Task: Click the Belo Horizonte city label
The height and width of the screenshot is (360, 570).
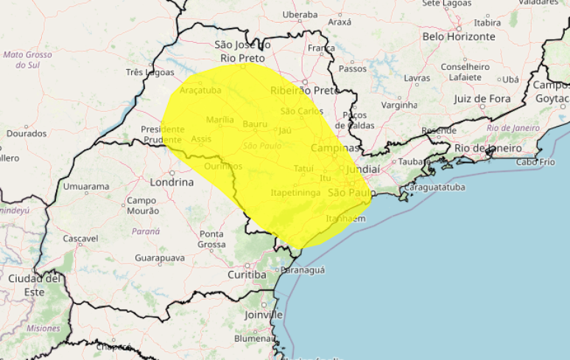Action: pos(458,36)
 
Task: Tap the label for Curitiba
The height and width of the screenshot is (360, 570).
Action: pos(247,275)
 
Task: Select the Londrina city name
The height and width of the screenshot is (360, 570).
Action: pos(171,182)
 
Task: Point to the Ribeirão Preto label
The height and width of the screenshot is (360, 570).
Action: pos(303,91)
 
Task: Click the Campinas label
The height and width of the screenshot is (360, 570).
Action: pos(334,148)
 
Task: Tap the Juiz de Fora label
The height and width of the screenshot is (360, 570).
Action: pos(482,98)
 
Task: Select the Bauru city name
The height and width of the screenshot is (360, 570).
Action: pos(255,124)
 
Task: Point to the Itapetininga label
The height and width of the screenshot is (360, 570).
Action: pos(295,192)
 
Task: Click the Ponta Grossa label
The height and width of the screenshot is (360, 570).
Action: pos(212,239)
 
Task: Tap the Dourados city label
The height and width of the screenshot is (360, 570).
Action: pos(27,134)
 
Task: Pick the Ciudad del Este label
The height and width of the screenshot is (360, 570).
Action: pos(34,284)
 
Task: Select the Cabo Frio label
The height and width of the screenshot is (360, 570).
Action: pos(536,162)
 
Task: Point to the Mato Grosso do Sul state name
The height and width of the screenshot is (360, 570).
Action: pos(27,60)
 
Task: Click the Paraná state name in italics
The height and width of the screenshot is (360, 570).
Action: pos(146,231)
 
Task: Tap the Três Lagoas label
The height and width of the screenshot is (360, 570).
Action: pos(150,72)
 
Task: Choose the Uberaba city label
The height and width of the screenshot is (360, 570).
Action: pos(300,14)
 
